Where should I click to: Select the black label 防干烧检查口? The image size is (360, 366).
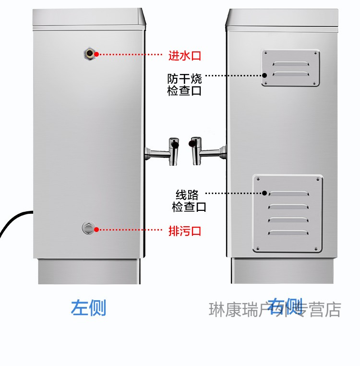click(x=185, y=84)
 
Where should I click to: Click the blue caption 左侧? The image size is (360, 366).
click(x=88, y=308)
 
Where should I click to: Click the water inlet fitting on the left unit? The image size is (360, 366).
click(x=89, y=53)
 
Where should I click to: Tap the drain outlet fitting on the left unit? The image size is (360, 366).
click(x=88, y=228)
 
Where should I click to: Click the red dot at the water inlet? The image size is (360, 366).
click(x=96, y=54)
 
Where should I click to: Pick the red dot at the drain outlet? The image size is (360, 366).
click(x=96, y=230)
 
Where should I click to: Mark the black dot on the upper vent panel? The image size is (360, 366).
click(x=264, y=75)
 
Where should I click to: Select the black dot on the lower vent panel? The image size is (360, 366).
click(x=264, y=193)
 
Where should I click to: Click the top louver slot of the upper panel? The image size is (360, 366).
click(x=291, y=63)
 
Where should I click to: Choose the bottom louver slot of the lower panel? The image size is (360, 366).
click(x=288, y=232)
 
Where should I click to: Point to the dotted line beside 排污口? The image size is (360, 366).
click(x=130, y=230)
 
